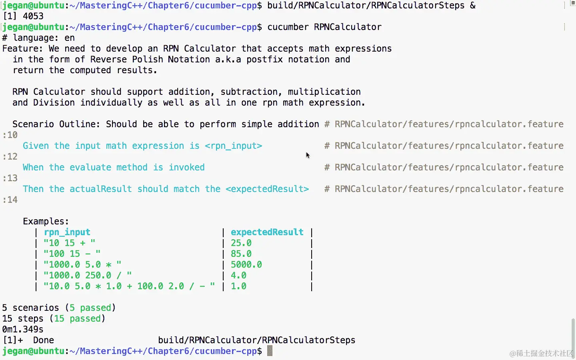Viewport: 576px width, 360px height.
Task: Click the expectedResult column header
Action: pyautogui.click(x=267, y=232)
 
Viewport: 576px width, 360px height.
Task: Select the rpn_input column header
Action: pyautogui.click(x=67, y=232)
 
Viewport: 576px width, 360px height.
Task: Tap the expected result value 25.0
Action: pyautogui.click(x=241, y=243)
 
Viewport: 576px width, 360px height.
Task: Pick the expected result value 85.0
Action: pyautogui.click(x=241, y=254)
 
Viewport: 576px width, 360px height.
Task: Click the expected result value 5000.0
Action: pyautogui.click(x=246, y=265)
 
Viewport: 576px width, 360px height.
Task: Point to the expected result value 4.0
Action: pyautogui.click(x=238, y=276)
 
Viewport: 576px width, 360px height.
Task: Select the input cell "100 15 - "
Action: pyautogui.click(x=72, y=254)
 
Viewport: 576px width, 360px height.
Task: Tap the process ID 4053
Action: pyautogui.click(x=33, y=16)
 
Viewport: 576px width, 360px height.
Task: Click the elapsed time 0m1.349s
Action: pyautogui.click(x=23, y=330)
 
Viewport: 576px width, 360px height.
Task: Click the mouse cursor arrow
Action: pyautogui.click(x=308, y=155)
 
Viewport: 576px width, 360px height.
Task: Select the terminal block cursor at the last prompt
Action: pyautogui.click(x=270, y=351)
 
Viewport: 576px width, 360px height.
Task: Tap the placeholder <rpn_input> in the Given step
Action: pyautogui.click(x=233, y=146)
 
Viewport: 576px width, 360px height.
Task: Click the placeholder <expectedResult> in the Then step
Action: pyautogui.click(x=267, y=189)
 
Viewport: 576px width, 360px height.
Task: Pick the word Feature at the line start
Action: pyautogui.click(x=22, y=49)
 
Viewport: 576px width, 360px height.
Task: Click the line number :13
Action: pyautogui.click(x=10, y=178)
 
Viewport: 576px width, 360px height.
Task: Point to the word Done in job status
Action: pyautogui.click(x=43, y=340)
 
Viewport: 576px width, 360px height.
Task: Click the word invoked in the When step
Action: pyautogui.click(x=186, y=168)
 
